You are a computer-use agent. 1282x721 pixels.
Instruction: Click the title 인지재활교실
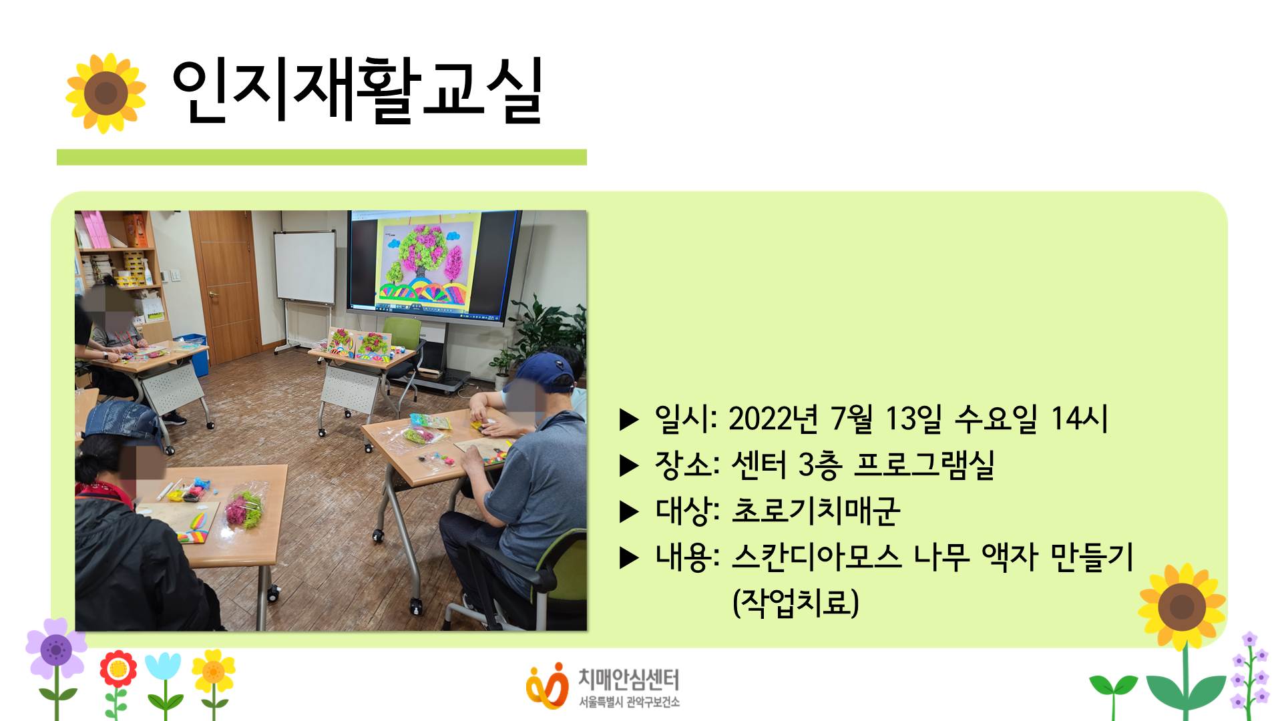tap(357, 90)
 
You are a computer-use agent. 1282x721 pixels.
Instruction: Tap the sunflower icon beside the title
tap(105, 93)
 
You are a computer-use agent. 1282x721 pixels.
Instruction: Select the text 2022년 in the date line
tap(773, 419)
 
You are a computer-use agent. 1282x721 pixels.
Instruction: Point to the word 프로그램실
tap(925, 465)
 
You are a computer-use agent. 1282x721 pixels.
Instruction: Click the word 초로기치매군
tap(816, 511)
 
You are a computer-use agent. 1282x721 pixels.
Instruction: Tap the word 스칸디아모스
tap(817, 556)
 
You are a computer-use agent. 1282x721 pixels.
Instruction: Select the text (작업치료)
tap(795, 602)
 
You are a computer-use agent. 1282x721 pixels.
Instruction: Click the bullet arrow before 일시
tap(630, 420)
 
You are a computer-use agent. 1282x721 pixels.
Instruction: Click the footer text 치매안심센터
tap(628, 680)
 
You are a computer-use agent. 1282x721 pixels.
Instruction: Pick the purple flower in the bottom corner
tap(56, 648)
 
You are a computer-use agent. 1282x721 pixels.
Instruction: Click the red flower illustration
tap(118, 670)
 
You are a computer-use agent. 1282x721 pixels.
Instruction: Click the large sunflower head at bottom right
tap(1182, 607)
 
